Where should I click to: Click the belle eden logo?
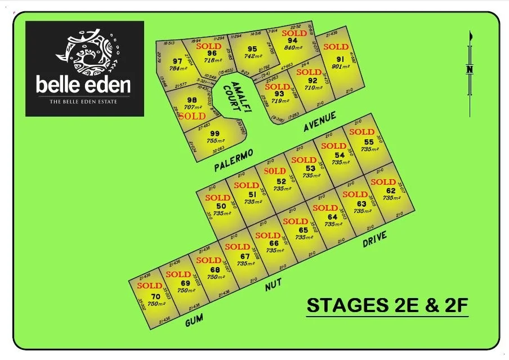click(84, 68)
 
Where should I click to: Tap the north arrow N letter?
click(469, 69)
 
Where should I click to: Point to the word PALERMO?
click(234, 160)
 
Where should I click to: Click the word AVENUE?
click(319, 122)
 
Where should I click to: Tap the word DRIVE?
click(375, 239)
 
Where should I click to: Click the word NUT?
click(274, 287)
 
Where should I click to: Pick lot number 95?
click(252, 49)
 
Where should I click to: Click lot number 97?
click(178, 61)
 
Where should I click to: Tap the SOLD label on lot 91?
click(336, 47)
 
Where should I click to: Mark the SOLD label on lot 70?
click(150, 286)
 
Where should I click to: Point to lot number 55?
click(369, 142)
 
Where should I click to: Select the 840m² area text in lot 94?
click(292, 48)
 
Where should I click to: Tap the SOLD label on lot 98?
click(192, 116)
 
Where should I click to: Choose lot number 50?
click(221, 206)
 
